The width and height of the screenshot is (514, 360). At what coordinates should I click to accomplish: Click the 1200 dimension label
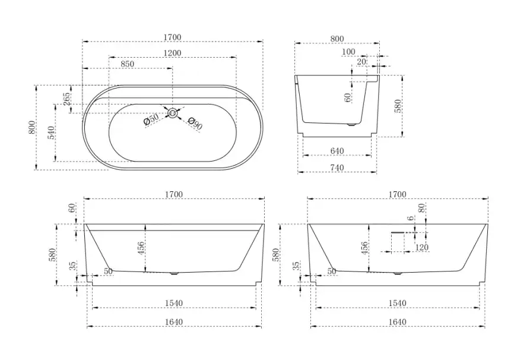[x=173, y=53]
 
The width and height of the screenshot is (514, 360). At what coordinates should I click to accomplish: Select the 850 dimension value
[x=127, y=64]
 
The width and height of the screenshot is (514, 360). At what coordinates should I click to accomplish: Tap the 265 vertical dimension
[x=66, y=99]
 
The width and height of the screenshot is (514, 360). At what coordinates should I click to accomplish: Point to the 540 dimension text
[x=52, y=132]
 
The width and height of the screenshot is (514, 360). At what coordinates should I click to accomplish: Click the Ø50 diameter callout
[x=151, y=119]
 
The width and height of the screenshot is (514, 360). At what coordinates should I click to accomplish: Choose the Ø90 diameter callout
[x=195, y=123]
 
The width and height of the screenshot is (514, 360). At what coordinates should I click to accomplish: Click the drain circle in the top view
[x=173, y=113]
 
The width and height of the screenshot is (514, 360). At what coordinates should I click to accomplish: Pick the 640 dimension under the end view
[x=337, y=151]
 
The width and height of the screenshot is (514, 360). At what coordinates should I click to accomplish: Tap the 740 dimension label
[x=337, y=168]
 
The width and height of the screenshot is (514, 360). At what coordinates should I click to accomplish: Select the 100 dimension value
[x=348, y=52]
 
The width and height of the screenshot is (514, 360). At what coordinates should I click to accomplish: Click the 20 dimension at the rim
[x=361, y=62]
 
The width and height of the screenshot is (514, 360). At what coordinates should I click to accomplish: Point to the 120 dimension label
[x=422, y=247]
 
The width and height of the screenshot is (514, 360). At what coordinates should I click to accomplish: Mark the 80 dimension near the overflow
[x=422, y=207]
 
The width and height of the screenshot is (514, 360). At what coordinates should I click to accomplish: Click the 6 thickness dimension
[x=411, y=218]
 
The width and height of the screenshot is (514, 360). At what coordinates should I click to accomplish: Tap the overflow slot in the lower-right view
[x=398, y=232]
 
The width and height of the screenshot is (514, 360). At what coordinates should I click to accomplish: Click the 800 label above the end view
[x=337, y=39]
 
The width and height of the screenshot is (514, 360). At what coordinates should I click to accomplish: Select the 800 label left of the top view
[x=32, y=127]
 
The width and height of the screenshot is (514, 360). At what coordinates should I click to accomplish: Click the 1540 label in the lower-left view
[x=174, y=303]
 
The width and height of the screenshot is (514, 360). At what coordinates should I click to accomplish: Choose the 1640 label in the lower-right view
[x=397, y=322]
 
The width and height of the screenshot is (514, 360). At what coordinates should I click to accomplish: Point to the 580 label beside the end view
[x=398, y=106]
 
